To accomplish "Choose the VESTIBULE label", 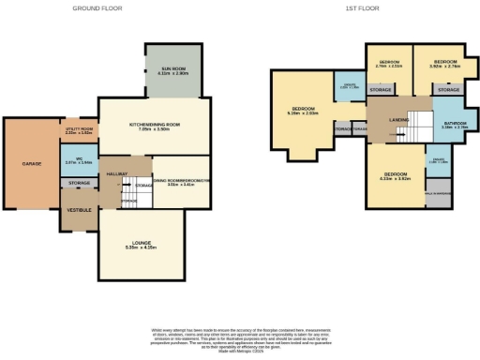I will coord(79,210).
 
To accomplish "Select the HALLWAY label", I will coord(116,174).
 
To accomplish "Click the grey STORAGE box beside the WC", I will coord(79,183).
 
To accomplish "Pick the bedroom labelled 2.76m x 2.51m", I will coord(388,63).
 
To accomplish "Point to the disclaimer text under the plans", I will coord(239,337).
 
